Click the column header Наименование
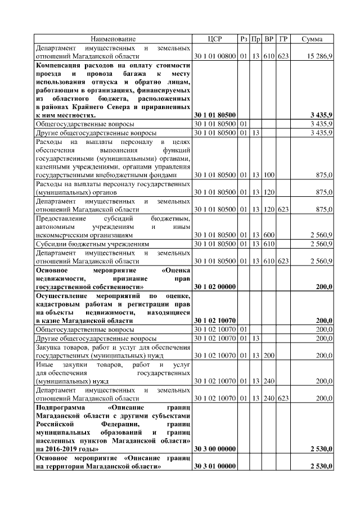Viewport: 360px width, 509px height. (114, 39)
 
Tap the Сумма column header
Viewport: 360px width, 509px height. (312, 39)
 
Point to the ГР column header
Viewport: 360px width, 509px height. (283, 39)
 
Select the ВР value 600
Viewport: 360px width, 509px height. (269, 234)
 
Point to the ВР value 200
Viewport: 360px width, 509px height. (269, 355)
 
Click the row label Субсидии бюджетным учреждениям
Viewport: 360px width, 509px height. (92, 245)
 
